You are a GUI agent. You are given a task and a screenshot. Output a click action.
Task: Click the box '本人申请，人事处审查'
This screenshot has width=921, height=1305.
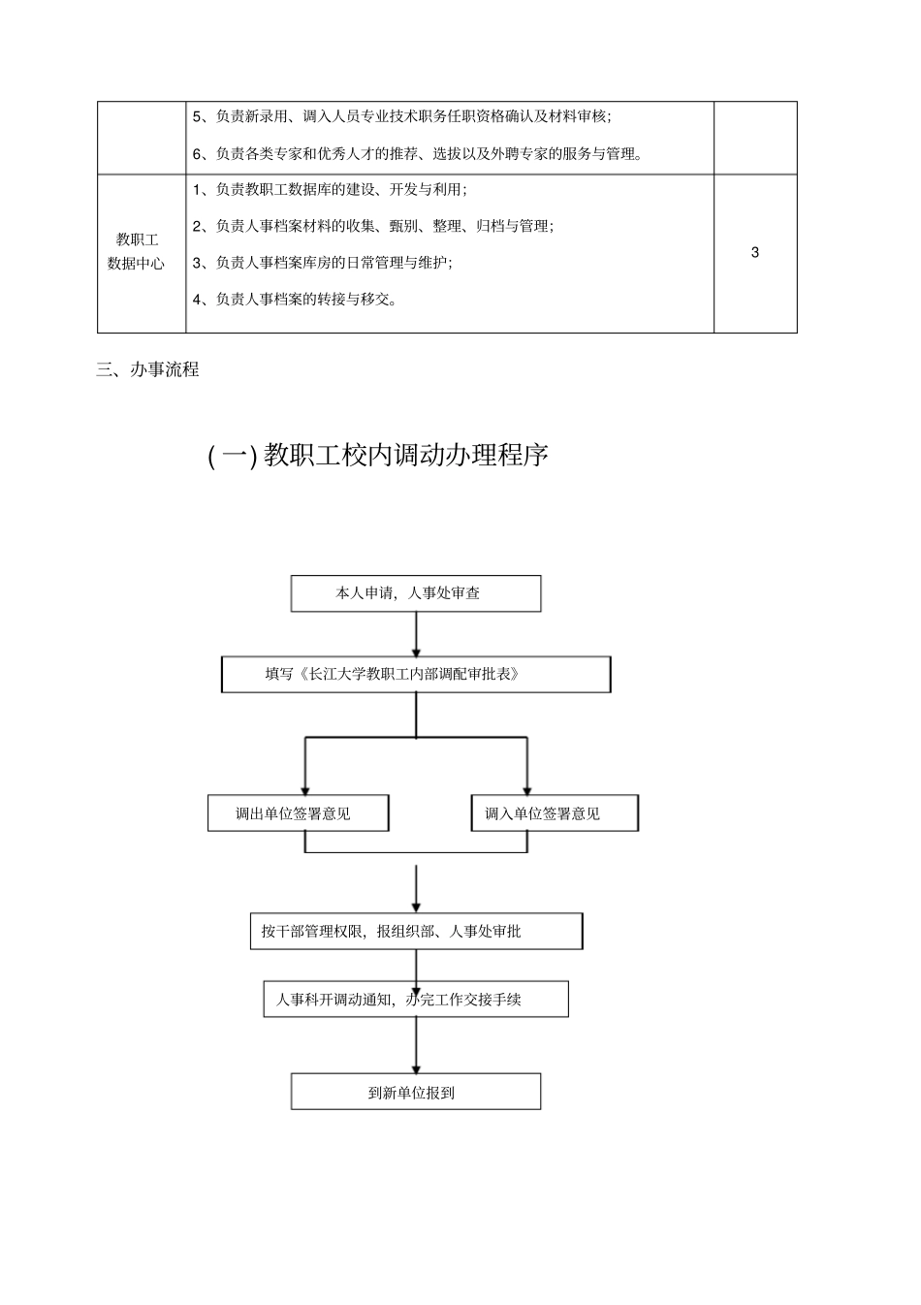416,593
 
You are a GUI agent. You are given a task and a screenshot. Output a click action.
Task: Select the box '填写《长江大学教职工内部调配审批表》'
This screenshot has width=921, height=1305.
416,674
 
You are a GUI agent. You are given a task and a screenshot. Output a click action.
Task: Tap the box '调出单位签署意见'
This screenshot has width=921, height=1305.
298,813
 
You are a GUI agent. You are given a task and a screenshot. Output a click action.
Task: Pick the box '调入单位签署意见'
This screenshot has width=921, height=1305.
555,813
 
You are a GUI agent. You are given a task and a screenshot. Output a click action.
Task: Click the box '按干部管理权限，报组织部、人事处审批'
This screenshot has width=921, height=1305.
416,931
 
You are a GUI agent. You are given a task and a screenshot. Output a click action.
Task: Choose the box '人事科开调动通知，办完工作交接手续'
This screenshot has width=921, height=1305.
416,1000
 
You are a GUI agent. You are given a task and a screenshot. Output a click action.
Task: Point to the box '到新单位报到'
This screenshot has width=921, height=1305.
416,1092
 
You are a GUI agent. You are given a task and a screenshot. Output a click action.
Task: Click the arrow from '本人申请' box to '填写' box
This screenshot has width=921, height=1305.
416,634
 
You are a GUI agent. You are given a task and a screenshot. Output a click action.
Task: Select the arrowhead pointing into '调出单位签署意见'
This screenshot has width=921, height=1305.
305,789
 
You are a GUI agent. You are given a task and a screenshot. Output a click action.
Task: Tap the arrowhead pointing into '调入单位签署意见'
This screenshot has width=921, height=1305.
526,789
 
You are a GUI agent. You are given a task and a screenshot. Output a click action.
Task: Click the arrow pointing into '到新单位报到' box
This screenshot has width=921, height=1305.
416,1047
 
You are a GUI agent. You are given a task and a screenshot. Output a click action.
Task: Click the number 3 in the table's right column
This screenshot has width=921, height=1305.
755,253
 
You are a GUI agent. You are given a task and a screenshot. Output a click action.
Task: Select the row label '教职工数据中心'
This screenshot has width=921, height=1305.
136,251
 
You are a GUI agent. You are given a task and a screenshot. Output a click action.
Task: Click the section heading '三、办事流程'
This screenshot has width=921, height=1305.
147,369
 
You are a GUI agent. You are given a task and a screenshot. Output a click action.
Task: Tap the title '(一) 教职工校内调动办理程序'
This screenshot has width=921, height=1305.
378,455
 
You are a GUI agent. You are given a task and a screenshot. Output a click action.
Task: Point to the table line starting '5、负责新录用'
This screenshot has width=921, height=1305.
402,116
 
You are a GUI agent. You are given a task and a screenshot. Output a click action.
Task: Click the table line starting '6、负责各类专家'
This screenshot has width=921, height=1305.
418,153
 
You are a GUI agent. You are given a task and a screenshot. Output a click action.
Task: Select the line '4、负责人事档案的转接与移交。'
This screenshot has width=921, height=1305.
295,299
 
